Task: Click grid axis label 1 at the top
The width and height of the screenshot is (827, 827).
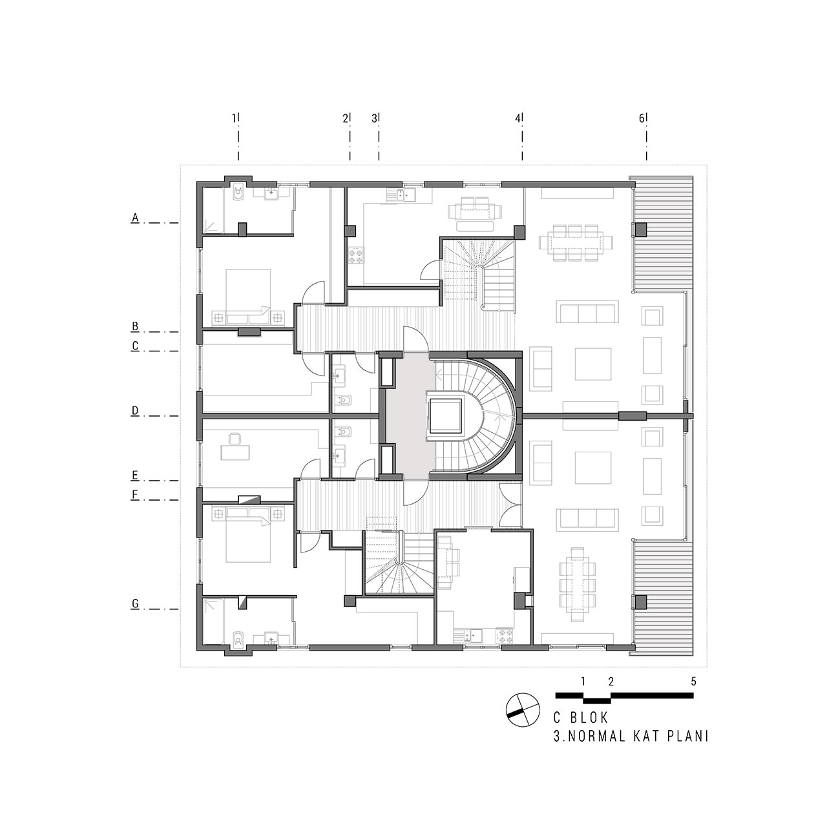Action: click(x=235, y=118)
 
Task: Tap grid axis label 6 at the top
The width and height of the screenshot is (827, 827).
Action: click(x=642, y=118)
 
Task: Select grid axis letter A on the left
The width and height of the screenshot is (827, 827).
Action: click(x=135, y=218)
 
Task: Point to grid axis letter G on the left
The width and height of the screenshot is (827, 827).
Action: click(x=135, y=604)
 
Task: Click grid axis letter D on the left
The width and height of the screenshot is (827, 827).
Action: click(x=135, y=411)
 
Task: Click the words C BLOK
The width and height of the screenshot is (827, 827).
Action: click(x=581, y=718)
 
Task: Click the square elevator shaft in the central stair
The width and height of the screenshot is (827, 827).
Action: click(x=446, y=416)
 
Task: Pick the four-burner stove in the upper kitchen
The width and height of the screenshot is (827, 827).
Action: click(x=356, y=256)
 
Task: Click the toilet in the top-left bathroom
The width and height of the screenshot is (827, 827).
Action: click(x=238, y=194)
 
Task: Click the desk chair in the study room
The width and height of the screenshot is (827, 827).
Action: click(x=235, y=439)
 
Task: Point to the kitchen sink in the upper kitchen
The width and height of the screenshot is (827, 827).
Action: click(x=401, y=195)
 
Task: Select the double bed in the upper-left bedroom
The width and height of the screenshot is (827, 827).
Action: click(x=248, y=296)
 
